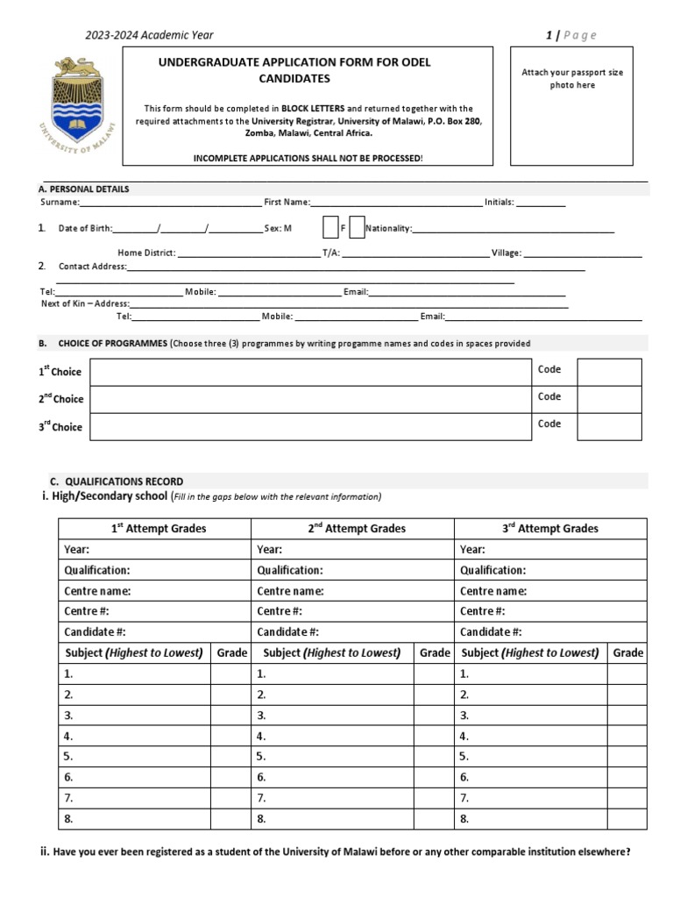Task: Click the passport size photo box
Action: click(572, 106)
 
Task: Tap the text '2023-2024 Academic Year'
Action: click(149, 35)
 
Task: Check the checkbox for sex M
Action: click(330, 228)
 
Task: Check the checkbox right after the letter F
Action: click(357, 228)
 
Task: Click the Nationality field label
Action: click(388, 229)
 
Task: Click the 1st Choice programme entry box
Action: click(310, 372)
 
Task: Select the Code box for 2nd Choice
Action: click(608, 399)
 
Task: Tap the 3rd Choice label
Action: click(60, 427)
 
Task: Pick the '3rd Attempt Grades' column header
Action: click(550, 529)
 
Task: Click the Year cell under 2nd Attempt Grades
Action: click(352, 550)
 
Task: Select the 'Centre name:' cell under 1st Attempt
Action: click(155, 591)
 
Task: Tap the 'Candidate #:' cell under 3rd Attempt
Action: click(550, 632)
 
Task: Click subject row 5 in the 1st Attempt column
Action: click(135, 756)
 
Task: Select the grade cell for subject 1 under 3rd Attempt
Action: click(627, 674)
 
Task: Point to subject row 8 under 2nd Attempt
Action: click(333, 819)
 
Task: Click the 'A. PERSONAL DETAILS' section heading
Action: click(83, 189)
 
